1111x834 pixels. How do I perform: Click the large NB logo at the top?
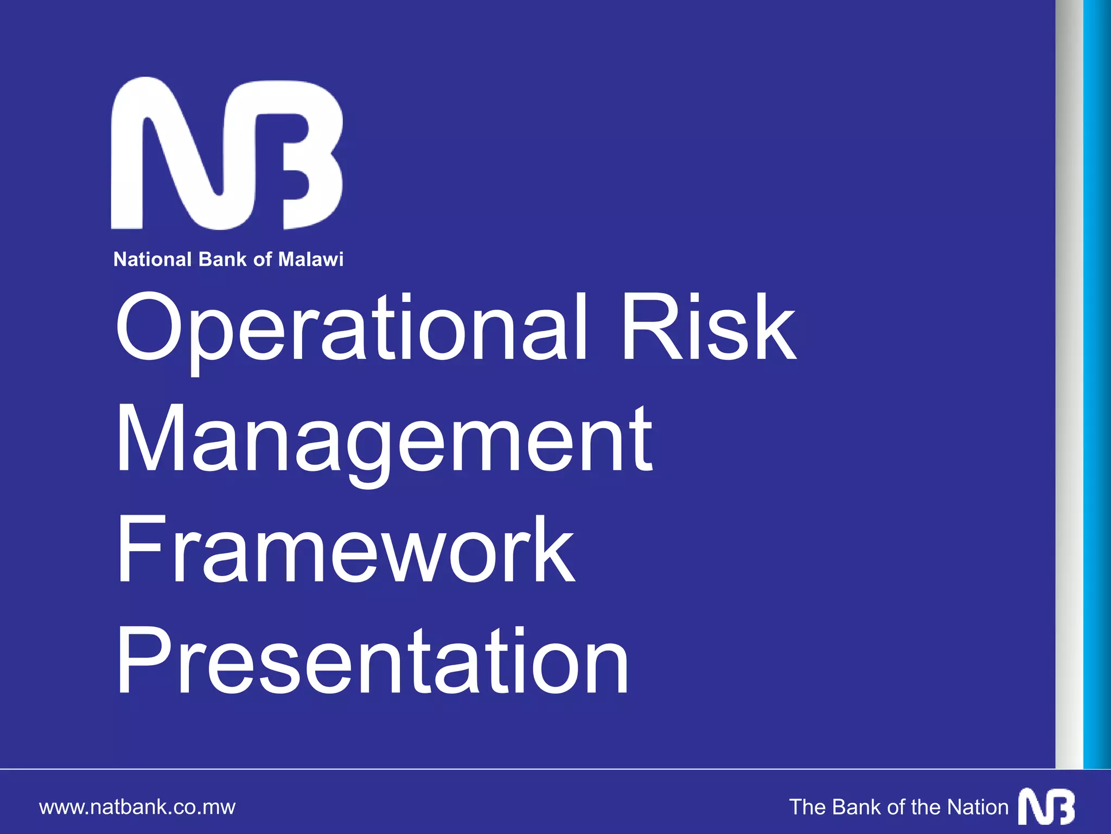click(227, 153)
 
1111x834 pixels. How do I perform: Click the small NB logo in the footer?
click(1046, 806)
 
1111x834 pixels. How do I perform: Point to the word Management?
click(384, 441)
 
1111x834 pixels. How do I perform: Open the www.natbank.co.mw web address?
click(137, 807)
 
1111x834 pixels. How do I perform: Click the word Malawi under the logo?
click(311, 260)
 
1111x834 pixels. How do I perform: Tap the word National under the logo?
click(153, 260)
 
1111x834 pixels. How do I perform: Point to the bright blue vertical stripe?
click(1097, 380)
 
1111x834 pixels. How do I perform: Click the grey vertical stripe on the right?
click(1069, 380)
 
